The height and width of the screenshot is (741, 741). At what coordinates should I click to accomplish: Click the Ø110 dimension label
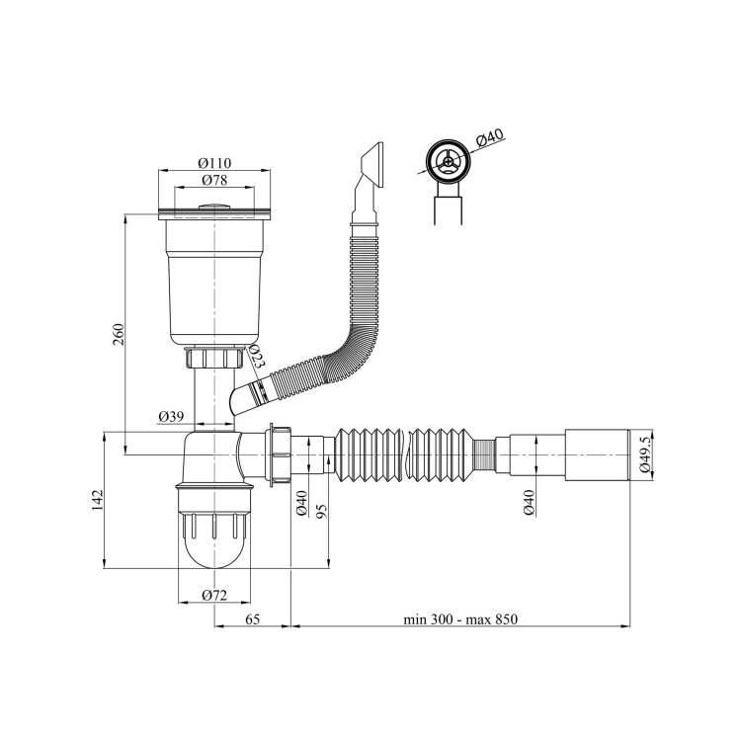pyautogui.click(x=214, y=163)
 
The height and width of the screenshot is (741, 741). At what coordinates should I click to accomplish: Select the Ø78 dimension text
pyautogui.click(x=214, y=180)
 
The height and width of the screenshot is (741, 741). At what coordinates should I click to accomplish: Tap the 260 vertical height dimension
pyautogui.click(x=119, y=334)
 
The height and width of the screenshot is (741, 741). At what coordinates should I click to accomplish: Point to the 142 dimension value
pyautogui.click(x=98, y=501)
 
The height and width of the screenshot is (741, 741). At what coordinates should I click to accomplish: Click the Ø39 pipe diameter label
pyautogui.click(x=171, y=416)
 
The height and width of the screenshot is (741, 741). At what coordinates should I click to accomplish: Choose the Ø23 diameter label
pyautogui.click(x=256, y=357)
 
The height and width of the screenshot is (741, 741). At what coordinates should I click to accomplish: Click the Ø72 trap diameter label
pyautogui.click(x=214, y=595)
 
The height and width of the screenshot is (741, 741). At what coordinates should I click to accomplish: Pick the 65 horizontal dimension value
pyautogui.click(x=253, y=619)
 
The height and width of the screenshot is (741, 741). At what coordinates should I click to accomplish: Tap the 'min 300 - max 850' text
pyautogui.click(x=460, y=619)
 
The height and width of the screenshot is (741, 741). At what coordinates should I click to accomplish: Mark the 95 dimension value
pyautogui.click(x=322, y=511)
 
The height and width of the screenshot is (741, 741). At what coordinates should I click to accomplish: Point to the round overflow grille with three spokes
pyautogui.click(x=447, y=161)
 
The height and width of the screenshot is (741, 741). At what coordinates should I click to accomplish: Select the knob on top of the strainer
pyautogui.click(x=214, y=206)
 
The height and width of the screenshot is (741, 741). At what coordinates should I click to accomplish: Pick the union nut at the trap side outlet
pyautogui.click(x=279, y=454)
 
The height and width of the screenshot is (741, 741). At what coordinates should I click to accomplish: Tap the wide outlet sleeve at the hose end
pyautogui.click(x=598, y=454)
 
